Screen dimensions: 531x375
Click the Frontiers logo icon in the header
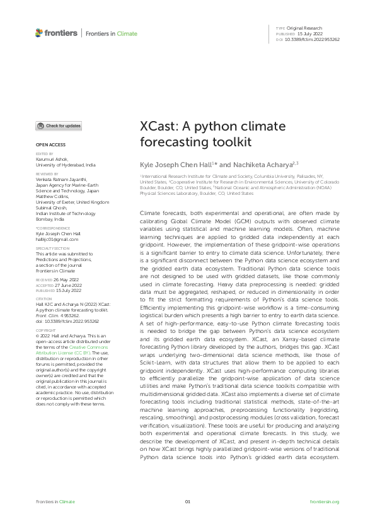(39, 33)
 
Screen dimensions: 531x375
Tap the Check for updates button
(59, 126)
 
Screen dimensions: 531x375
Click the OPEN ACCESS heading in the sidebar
(45, 145)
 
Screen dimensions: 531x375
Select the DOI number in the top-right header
(313, 39)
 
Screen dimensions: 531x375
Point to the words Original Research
(304, 28)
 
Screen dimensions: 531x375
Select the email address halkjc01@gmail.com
(57, 240)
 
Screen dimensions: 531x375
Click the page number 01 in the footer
(187, 501)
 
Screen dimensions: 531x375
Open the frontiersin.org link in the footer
(325, 501)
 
